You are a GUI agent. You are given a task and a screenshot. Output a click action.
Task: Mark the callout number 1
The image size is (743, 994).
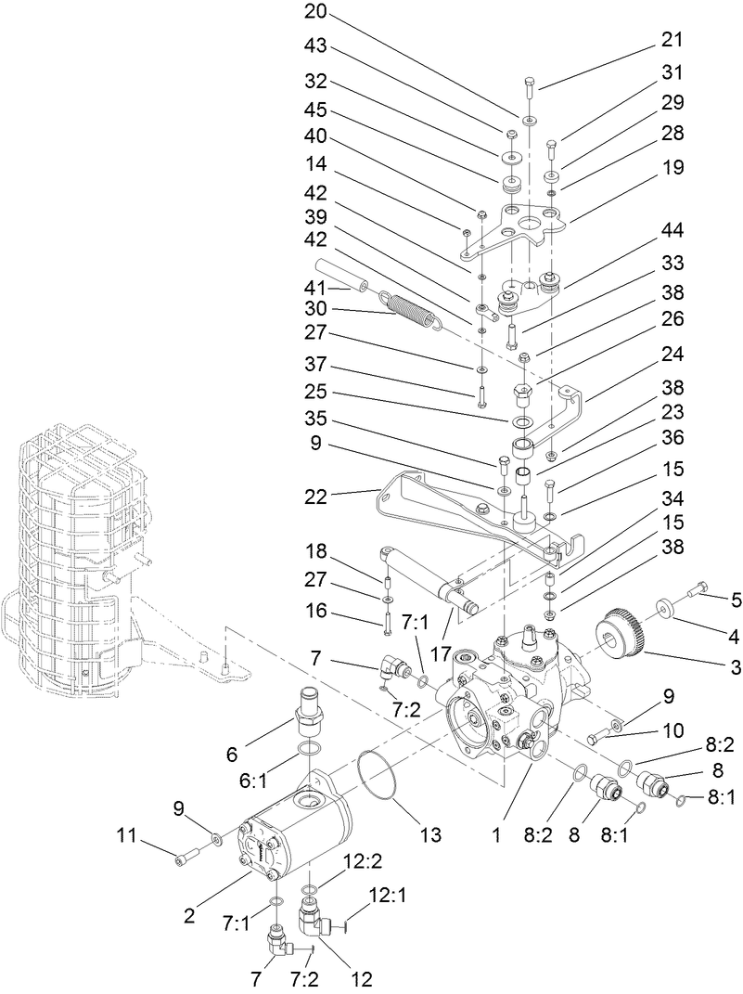click(497, 835)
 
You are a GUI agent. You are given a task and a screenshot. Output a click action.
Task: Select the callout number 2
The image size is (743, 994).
click(189, 915)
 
